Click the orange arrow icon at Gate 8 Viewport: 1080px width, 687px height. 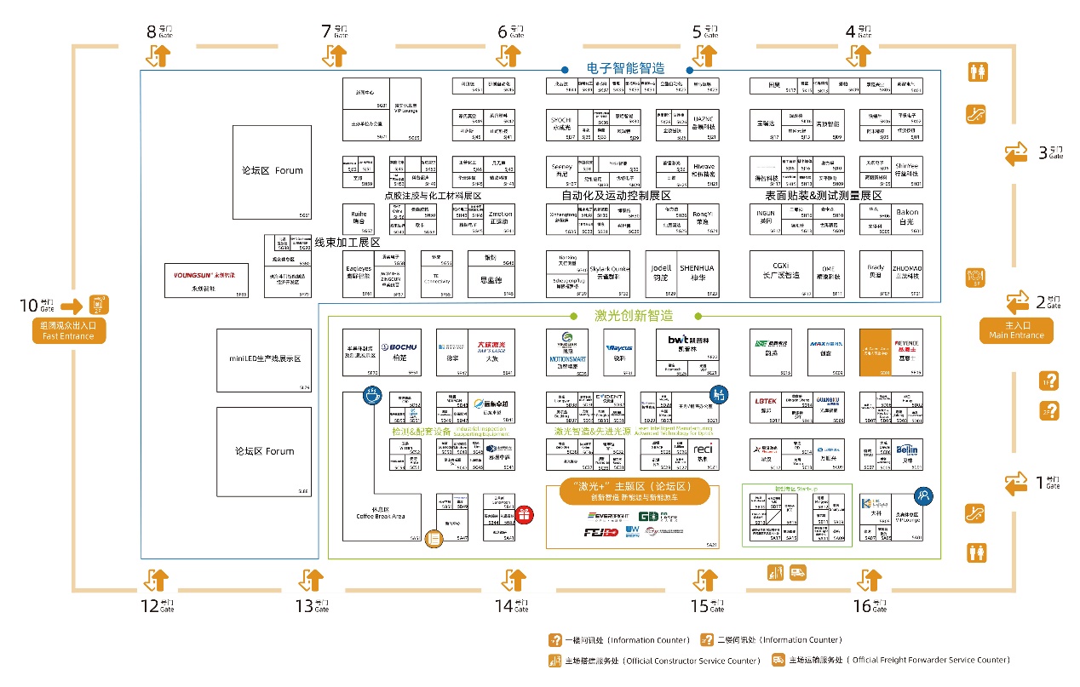coord(160,56)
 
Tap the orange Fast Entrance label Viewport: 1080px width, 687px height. coord(69,330)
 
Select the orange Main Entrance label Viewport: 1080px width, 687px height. coord(1016,330)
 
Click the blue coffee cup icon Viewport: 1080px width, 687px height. coord(371,394)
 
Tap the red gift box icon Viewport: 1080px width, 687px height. coord(524,514)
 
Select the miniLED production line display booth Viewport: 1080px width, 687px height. coord(264,358)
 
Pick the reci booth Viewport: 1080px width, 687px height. coord(703,449)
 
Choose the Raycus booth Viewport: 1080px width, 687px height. coord(618,348)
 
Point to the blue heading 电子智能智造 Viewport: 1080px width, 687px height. coord(625,69)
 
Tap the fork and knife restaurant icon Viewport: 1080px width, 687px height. coord(975,277)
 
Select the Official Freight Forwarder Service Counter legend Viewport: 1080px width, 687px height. coord(891,661)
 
